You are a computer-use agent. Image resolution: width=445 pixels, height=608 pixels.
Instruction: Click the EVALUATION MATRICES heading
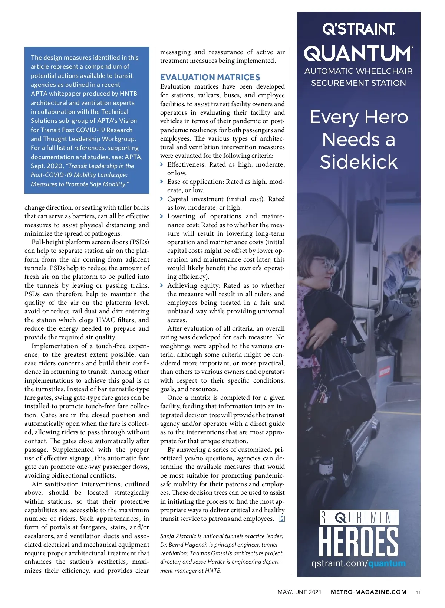(210, 77)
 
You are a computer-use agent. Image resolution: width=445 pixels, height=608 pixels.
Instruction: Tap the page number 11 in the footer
(418, 592)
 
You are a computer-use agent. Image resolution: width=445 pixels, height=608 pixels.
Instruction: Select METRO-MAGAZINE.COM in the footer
(368, 592)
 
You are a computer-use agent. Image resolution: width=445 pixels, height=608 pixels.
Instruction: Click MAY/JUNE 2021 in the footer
(299, 592)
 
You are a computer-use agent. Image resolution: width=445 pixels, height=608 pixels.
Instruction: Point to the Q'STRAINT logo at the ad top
(358, 29)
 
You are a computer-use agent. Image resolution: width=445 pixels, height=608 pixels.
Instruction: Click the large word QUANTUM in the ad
(358, 53)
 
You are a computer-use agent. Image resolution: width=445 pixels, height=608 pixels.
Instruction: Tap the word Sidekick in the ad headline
(358, 162)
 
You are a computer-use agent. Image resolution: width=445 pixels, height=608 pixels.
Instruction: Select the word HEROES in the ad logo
(359, 542)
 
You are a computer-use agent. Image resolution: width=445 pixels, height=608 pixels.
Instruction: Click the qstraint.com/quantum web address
(358, 563)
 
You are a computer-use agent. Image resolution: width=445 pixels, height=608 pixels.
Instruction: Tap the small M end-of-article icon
(281, 519)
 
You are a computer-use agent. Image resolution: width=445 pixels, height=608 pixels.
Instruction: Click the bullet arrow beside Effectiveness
(162, 164)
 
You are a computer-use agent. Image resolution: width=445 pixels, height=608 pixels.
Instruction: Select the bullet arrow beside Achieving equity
(162, 285)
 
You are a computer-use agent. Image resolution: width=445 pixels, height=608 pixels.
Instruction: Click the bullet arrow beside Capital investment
(162, 199)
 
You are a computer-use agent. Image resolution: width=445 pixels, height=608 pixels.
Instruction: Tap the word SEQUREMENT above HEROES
(359, 518)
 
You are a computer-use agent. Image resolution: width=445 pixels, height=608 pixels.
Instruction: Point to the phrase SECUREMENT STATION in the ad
(358, 83)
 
